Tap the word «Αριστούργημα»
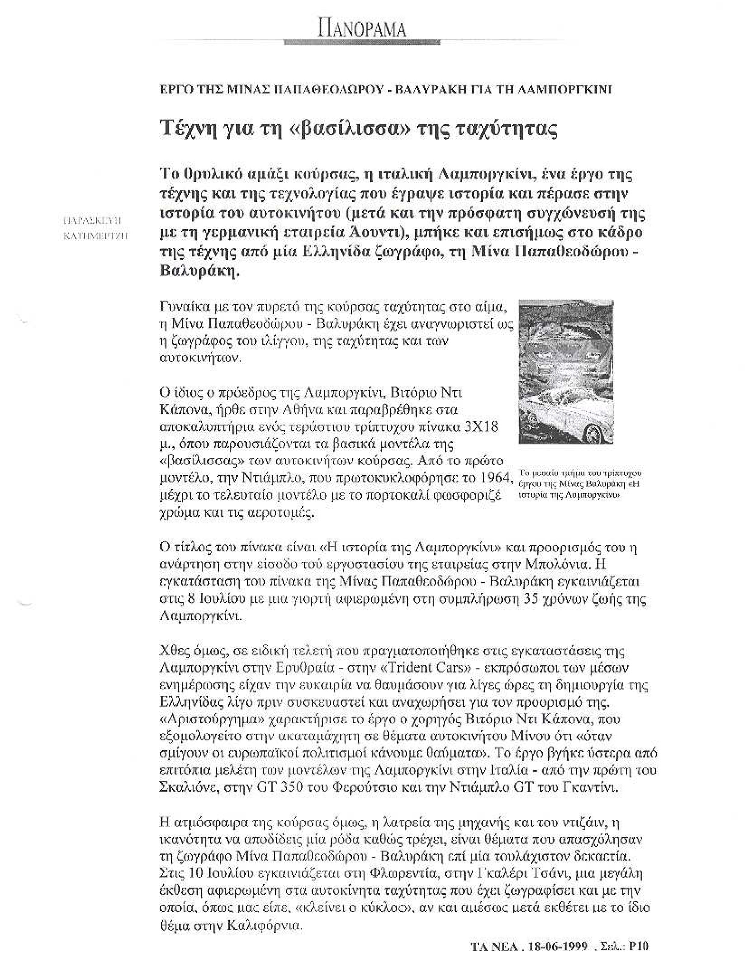[211, 720]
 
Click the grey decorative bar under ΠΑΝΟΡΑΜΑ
[362, 42]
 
